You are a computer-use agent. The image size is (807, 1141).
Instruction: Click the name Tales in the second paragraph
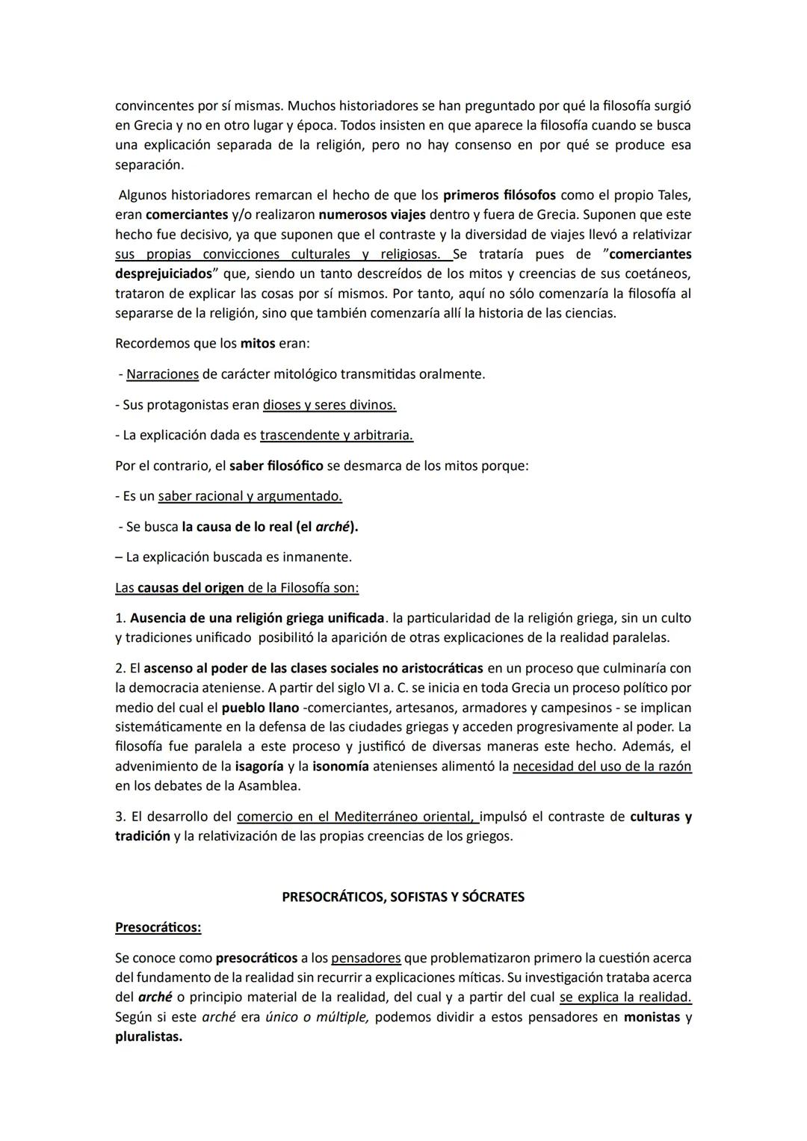674,196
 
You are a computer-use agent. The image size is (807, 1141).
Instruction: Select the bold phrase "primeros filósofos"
499,196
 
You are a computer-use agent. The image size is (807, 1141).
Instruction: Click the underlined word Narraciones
162,374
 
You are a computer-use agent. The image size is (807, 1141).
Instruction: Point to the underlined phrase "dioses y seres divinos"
329,405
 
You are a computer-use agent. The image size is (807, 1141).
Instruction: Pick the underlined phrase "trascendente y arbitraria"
336,436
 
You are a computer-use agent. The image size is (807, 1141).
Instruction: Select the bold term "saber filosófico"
276,466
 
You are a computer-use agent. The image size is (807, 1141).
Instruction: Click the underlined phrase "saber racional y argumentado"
250,496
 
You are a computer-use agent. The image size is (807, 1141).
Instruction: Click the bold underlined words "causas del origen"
191,588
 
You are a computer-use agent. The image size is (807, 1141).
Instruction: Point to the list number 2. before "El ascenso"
120,668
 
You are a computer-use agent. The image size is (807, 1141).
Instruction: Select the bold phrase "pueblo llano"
259,708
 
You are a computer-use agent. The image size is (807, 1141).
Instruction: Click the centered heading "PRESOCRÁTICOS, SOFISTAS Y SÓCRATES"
403,897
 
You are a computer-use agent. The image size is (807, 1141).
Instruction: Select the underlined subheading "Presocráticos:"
158,927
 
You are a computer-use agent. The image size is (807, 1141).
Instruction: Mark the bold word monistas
652,1018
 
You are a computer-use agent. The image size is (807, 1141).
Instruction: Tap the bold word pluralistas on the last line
149,1037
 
